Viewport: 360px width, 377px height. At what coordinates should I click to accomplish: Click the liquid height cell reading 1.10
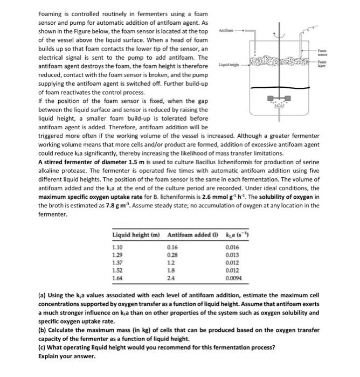point(117,246)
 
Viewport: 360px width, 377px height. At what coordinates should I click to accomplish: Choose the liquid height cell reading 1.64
point(117,279)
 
